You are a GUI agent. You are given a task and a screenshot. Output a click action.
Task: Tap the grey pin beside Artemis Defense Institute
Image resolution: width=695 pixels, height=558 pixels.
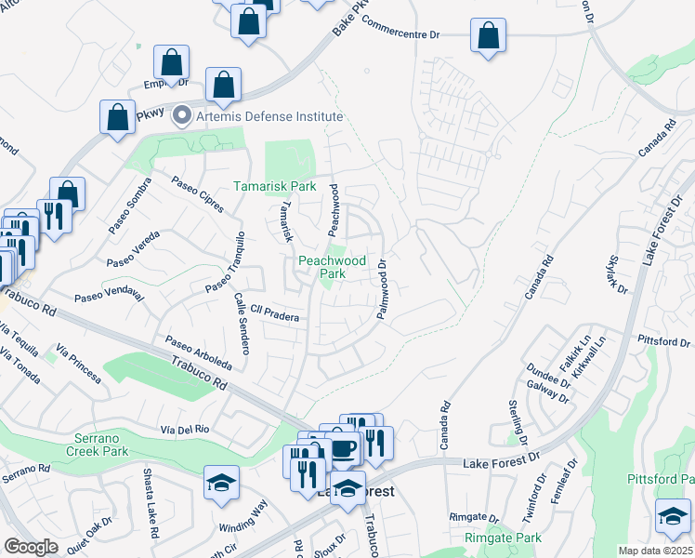pos(182,116)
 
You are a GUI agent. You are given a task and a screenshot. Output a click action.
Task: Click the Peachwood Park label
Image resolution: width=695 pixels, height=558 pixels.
pos(321,268)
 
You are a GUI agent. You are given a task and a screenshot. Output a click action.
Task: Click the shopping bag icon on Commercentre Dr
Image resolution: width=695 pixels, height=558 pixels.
pos(489,36)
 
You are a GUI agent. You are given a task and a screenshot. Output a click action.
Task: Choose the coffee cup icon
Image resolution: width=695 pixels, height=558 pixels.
pos(345,449)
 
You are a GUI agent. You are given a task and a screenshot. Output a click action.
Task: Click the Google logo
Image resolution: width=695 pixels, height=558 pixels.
pos(30,547)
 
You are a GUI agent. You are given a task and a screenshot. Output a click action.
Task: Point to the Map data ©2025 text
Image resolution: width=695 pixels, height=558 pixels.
pos(654,551)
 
